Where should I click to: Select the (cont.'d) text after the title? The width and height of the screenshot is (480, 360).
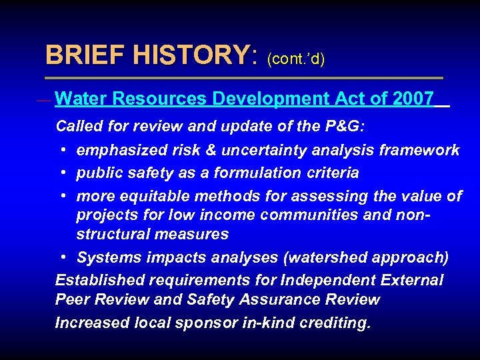coord(295,59)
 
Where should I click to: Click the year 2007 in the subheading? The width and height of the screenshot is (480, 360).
coord(413,99)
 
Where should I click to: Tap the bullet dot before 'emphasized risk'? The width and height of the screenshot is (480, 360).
coord(62,150)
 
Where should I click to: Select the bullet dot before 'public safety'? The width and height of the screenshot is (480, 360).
coord(62,173)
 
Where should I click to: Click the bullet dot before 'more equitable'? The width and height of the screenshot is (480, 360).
coord(62,197)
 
